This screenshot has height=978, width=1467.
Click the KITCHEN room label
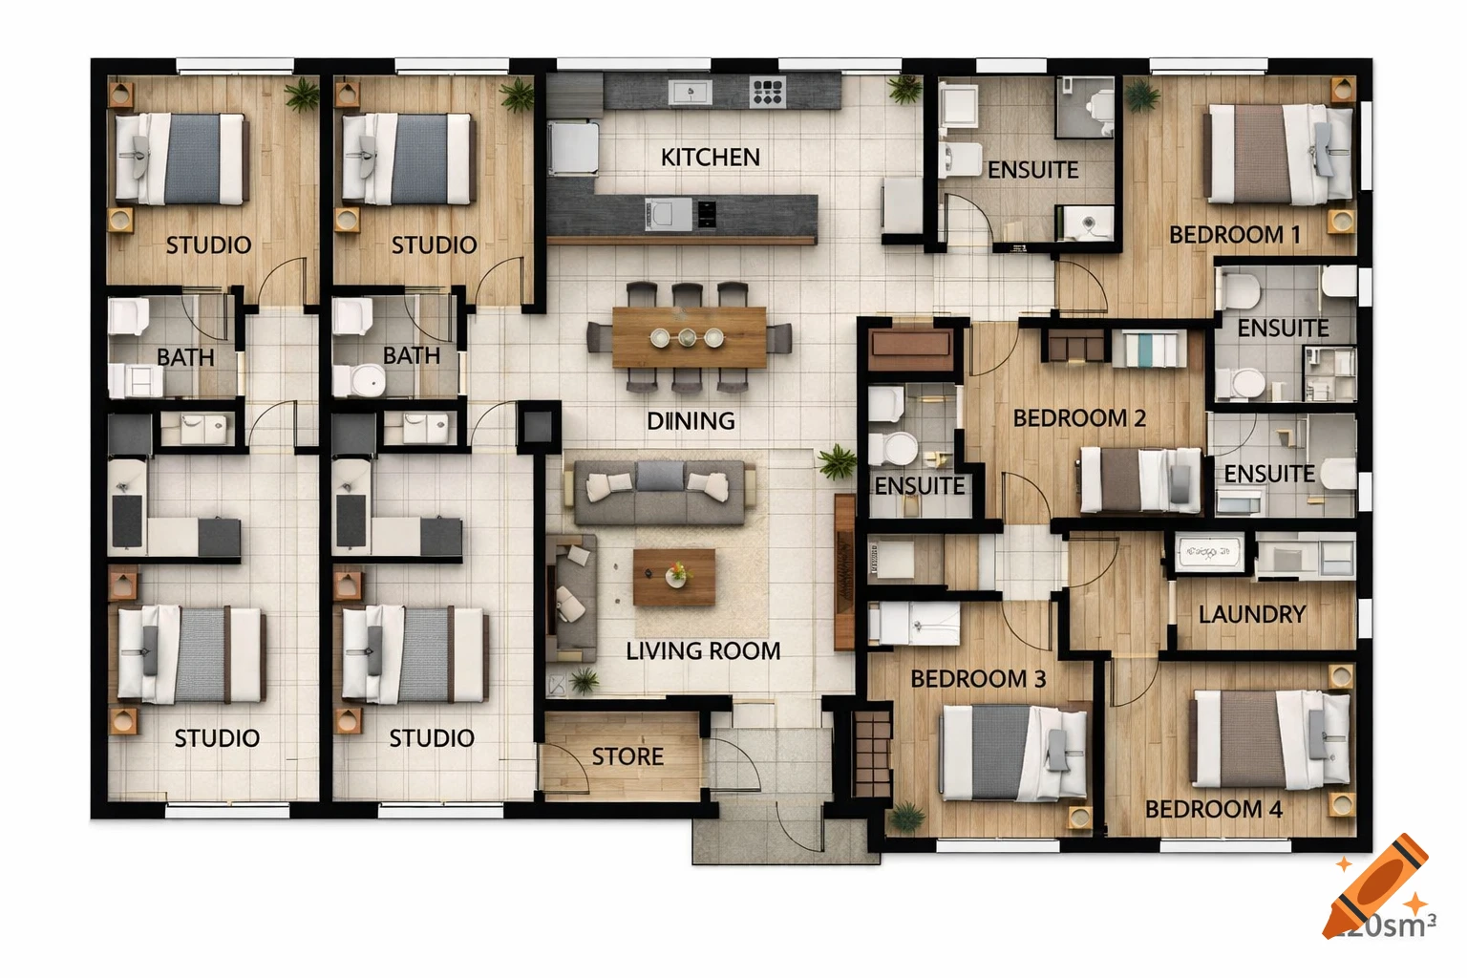[710, 157]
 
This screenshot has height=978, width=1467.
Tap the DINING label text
[691, 420]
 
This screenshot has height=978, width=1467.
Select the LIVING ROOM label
[703, 650]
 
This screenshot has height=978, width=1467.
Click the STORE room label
[627, 756]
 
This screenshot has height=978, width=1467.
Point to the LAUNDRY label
[1251, 614]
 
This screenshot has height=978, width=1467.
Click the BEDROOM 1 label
[1234, 234]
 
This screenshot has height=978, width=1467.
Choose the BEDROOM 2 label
[1078, 418]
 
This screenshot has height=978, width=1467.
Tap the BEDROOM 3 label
[977, 678]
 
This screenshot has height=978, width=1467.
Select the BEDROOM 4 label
[1213, 809]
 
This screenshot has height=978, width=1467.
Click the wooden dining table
[689, 337]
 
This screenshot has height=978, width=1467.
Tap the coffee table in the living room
[674, 577]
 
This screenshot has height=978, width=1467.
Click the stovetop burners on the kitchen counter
[767, 92]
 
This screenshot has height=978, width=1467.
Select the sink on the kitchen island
[668, 214]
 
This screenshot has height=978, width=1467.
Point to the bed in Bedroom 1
[1280, 154]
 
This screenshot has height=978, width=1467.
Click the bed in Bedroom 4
[1271, 738]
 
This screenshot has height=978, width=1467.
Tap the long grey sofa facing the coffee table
[658, 491]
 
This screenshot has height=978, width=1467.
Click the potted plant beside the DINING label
[837, 462]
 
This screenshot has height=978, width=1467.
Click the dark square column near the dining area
[539, 426]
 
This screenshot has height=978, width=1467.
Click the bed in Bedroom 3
[1013, 753]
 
